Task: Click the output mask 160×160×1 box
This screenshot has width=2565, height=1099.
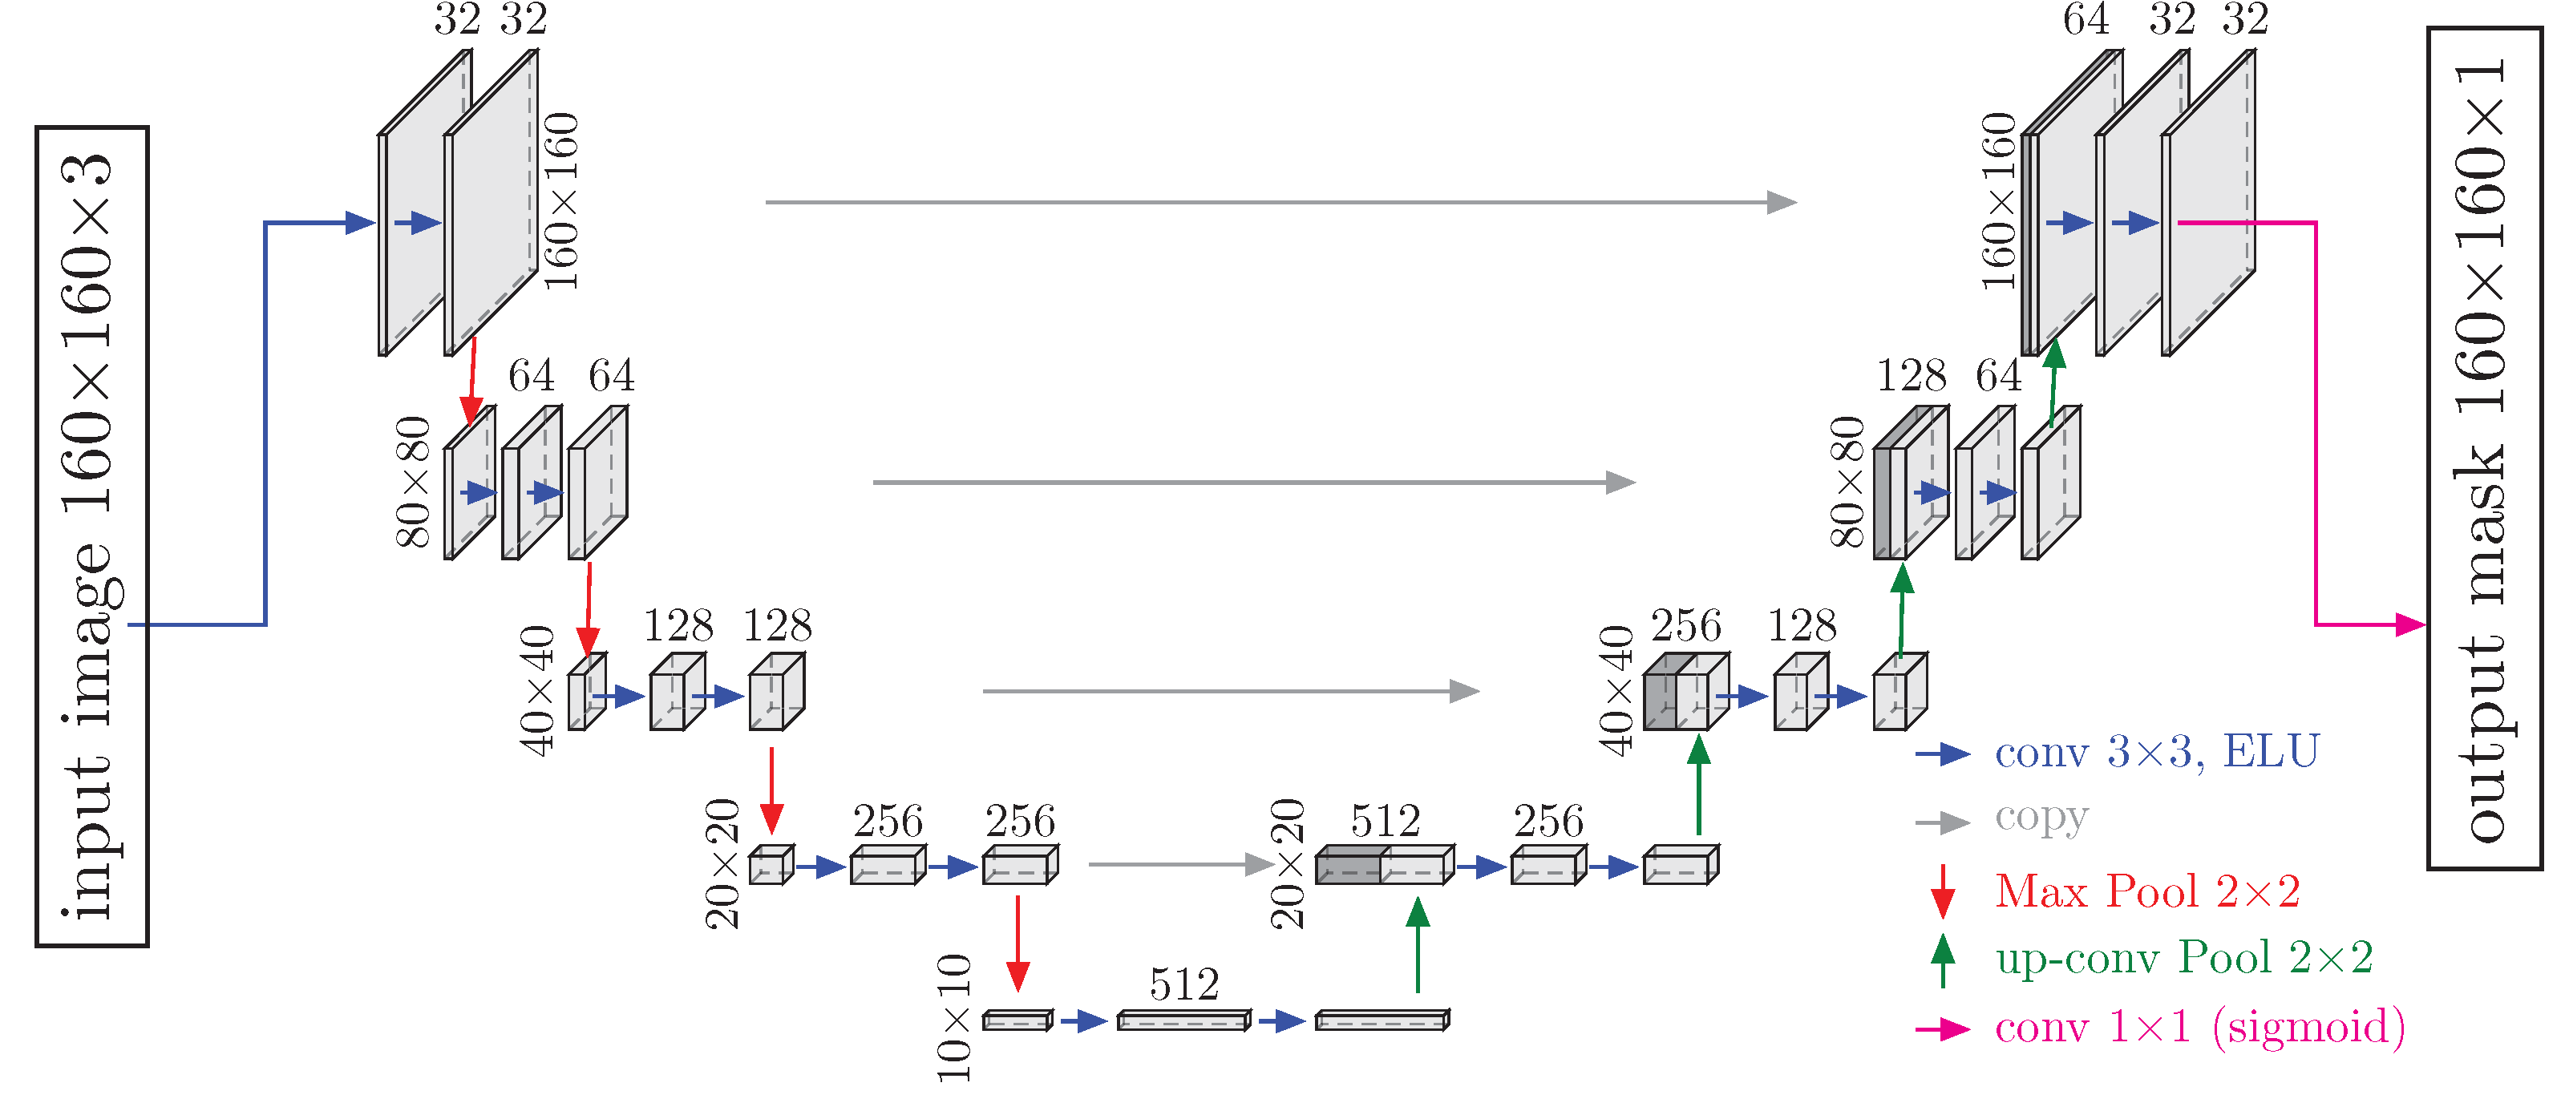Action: pyautogui.click(x=2483, y=449)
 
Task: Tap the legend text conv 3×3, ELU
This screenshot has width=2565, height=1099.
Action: pyautogui.click(x=2157, y=752)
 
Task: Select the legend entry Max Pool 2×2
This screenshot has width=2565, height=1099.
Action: pyautogui.click(x=2146, y=891)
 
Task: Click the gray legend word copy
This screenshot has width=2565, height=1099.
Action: pyautogui.click(x=2041, y=818)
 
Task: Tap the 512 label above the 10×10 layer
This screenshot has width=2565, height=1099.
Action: pyautogui.click(x=1183, y=984)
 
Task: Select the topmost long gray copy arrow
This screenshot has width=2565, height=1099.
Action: pyautogui.click(x=1280, y=202)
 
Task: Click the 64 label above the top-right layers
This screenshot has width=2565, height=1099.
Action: pyautogui.click(x=2085, y=20)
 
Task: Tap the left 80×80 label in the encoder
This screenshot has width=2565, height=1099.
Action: pyautogui.click(x=413, y=482)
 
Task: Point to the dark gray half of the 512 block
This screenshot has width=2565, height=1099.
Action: pyautogui.click(x=1346, y=866)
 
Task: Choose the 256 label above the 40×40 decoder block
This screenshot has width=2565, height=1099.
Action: pyautogui.click(x=1685, y=626)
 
